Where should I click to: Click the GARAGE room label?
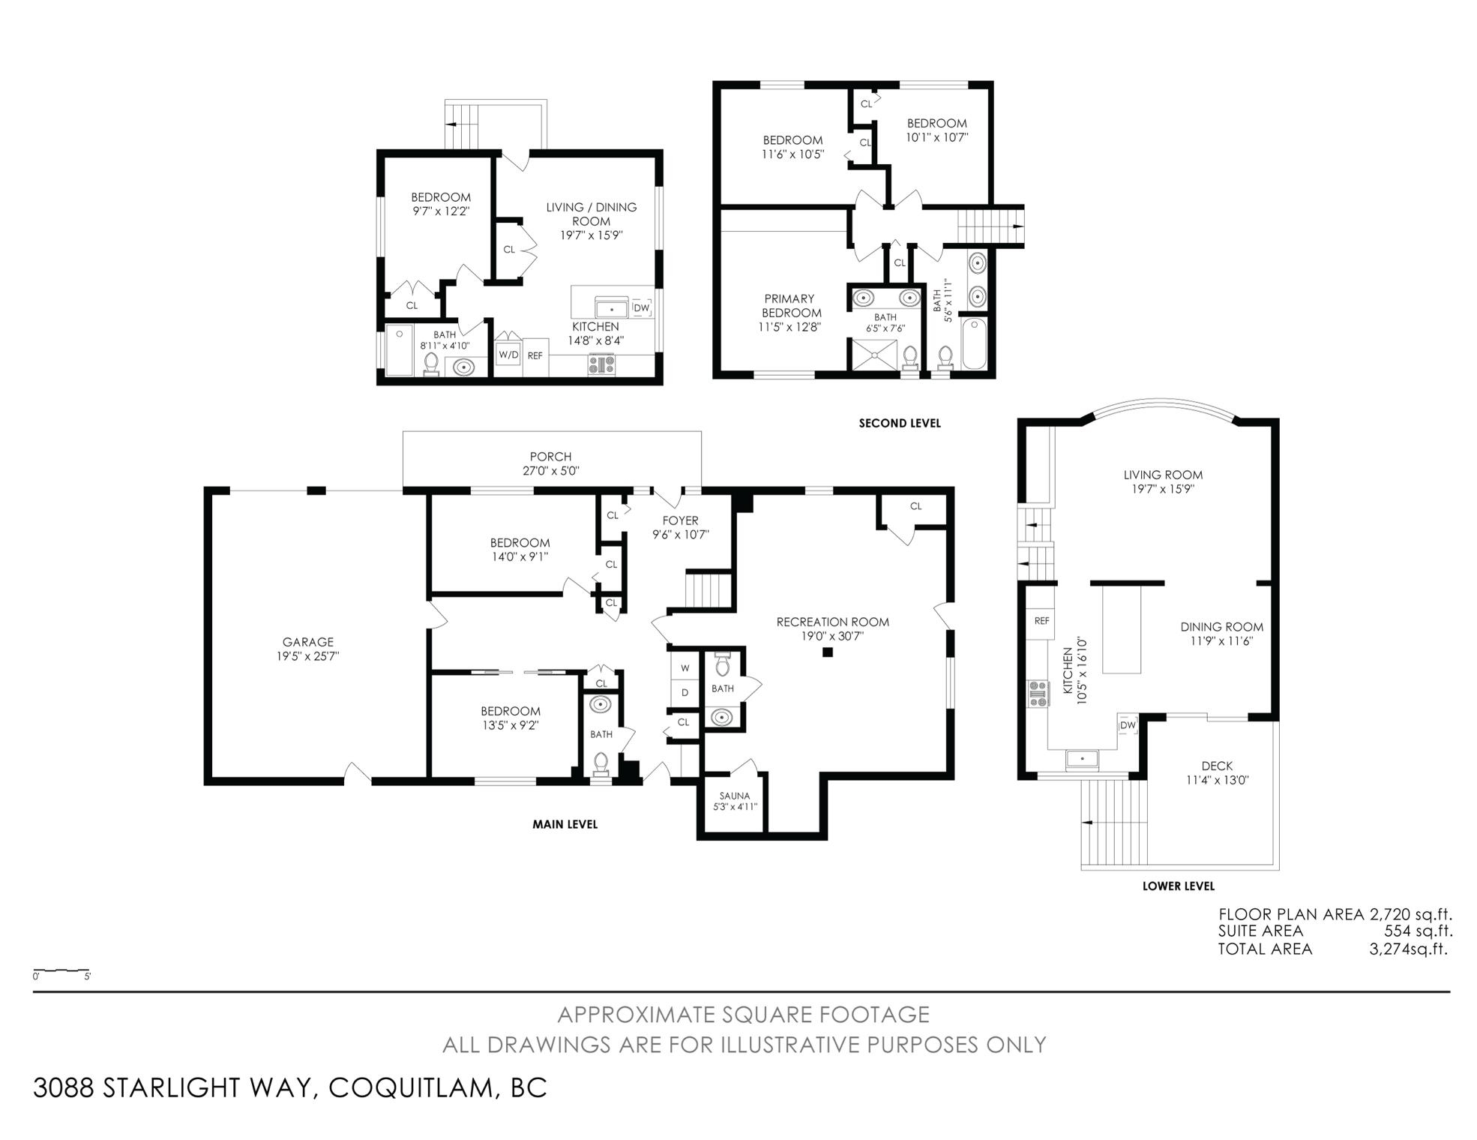308,642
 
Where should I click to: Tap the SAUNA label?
735,796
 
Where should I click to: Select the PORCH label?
550,457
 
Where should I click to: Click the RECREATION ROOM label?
832,622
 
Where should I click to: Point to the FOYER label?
681,520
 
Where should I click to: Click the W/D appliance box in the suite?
508,354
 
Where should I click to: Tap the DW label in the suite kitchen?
641,307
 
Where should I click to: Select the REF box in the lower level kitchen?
1041,621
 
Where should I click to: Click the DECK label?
1217,766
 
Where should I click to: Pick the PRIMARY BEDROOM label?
792,305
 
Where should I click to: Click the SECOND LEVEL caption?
900,423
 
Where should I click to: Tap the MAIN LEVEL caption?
565,824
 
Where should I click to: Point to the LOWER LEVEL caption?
1178,886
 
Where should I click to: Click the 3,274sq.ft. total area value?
1408,949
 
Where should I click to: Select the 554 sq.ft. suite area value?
1418,931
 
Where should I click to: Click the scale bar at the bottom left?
61,970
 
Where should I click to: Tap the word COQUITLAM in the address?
409,1087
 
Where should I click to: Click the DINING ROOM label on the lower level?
1221,627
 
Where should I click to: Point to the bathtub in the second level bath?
974,343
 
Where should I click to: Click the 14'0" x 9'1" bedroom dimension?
520,556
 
